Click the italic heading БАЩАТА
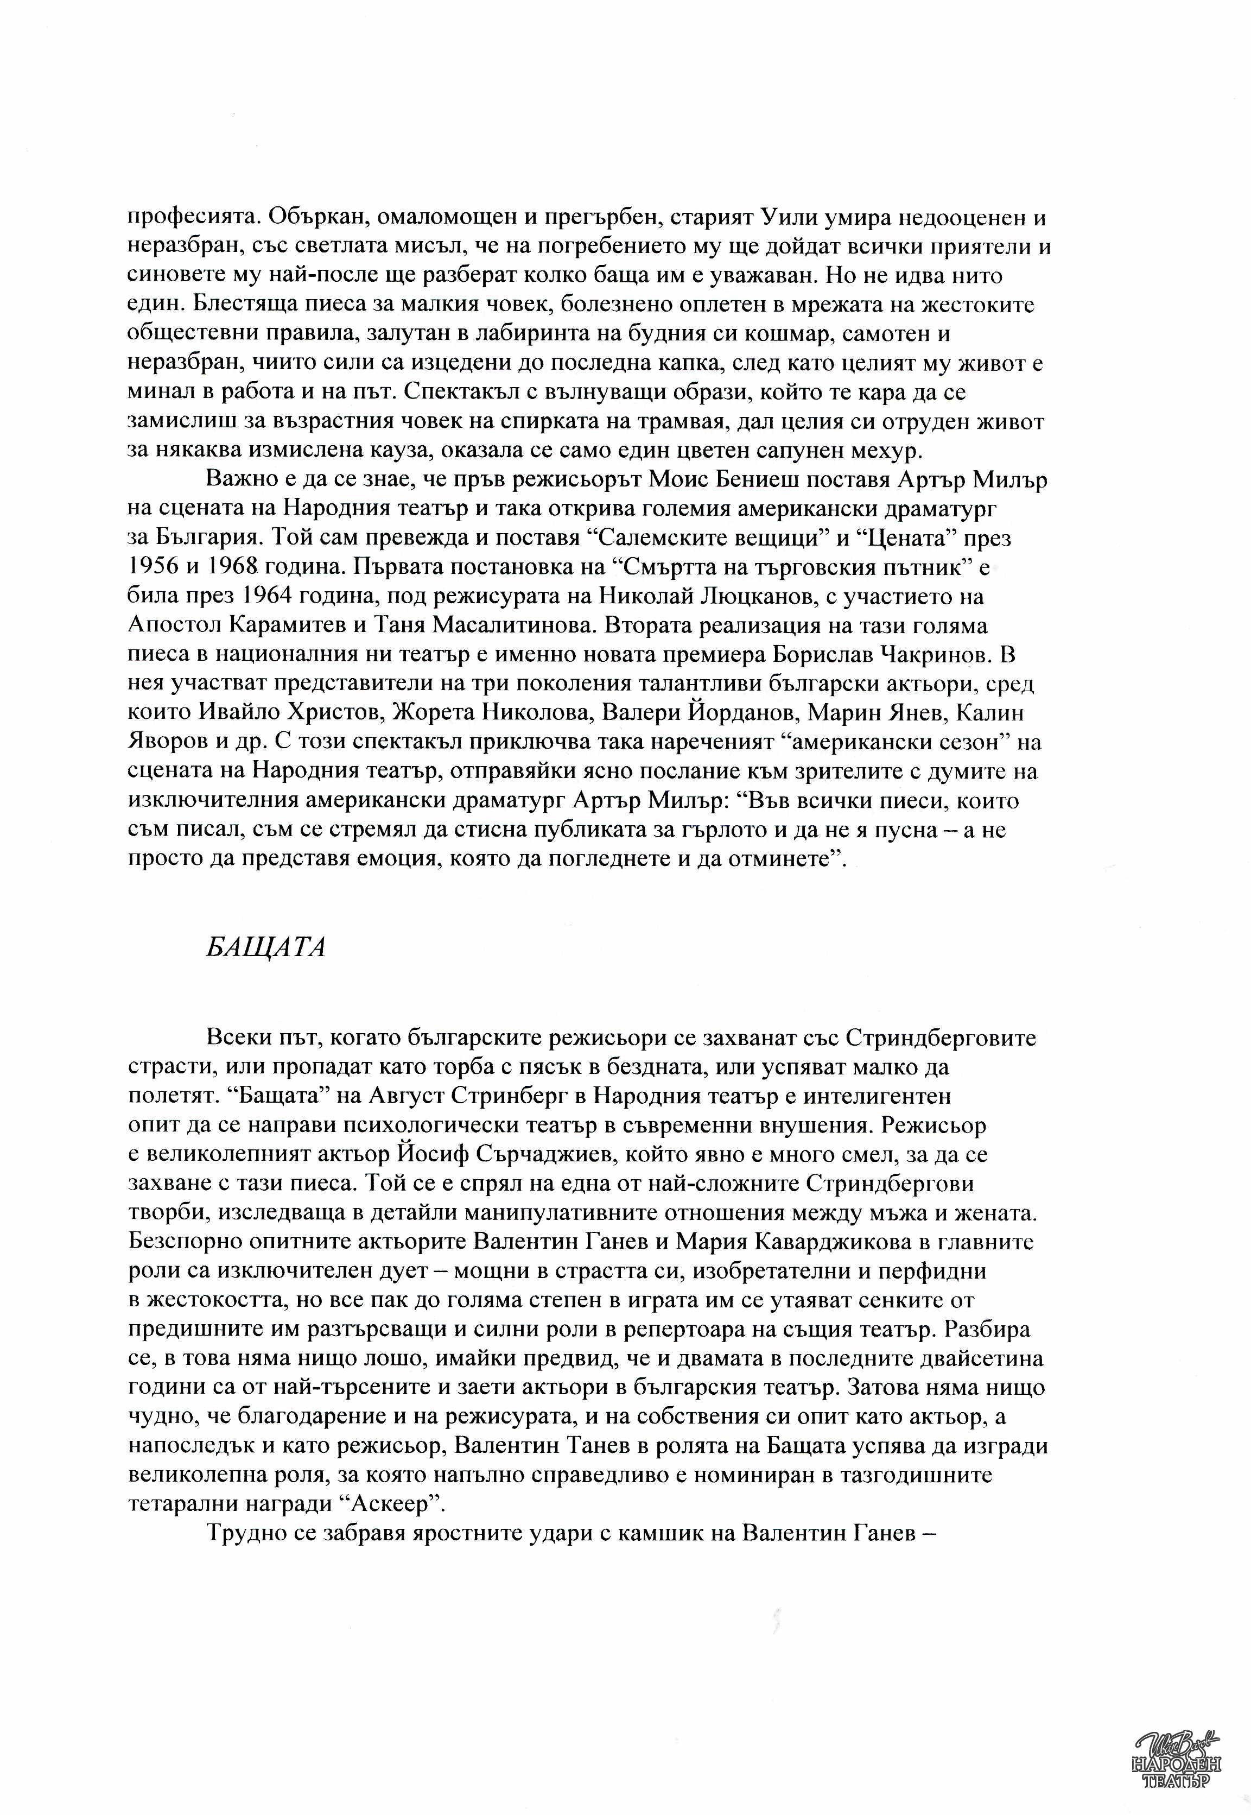(266, 947)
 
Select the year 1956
(151, 567)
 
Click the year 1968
(230, 567)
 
